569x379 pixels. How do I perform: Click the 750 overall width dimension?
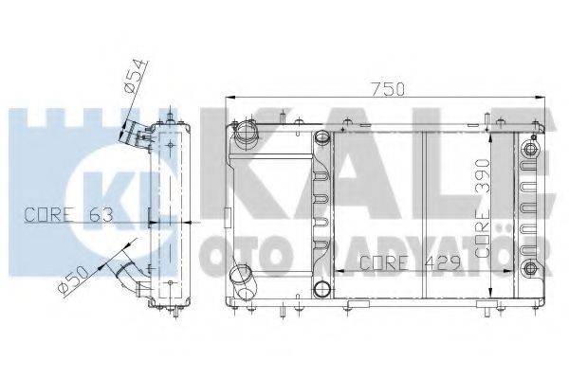pos(387,89)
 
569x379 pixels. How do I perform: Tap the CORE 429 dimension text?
pos(410,263)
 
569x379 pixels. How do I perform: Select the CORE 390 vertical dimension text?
pos(483,208)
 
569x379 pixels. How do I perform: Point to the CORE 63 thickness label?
pos(68,215)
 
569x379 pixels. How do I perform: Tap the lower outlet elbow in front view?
pos(243,281)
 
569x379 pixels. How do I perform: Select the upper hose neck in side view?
pos(135,134)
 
